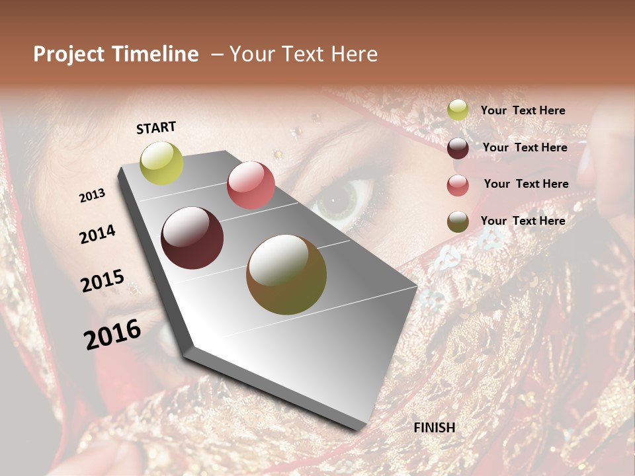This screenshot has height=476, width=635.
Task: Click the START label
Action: tap(156, 128)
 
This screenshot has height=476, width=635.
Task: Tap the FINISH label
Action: tap(435, 428)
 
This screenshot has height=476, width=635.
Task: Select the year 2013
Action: tap(92, 196)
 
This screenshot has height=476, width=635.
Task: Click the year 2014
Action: tap(98, 234)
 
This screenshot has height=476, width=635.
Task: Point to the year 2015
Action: tap(103, 281)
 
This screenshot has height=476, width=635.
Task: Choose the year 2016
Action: tap(112, 335)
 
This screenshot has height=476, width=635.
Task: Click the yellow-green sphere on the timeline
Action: tap(161, 163)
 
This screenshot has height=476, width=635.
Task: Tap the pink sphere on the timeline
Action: tap(251, 185)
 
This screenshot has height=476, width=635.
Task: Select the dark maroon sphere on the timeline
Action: tap(192, 238)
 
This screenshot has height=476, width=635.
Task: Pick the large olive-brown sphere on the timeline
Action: tap(286, 274)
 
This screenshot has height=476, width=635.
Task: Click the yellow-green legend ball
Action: tap(458, 110)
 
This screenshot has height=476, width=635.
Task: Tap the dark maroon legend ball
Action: tap(458, 148)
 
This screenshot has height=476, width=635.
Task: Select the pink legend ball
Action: tap(458, 185)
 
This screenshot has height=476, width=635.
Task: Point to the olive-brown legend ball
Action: tap(458, 222)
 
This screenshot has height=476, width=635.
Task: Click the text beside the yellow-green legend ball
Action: tap(523, 111)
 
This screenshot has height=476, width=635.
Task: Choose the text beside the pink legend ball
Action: tap(526, 184)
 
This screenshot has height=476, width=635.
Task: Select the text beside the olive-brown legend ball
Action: tap(523, 221)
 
